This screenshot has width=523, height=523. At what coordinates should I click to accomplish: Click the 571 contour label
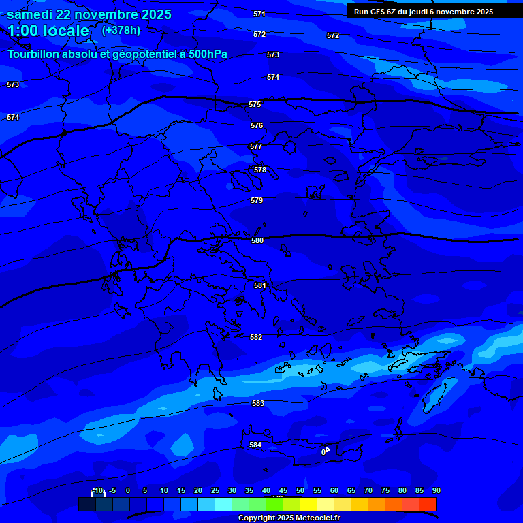point(259,14)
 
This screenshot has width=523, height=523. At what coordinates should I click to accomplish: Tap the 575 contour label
point(255,105)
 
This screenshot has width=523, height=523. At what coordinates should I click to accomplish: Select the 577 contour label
point(256,147)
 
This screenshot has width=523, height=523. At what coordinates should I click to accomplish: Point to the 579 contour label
point(257,201)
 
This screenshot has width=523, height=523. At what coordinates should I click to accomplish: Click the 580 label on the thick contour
point(257,241)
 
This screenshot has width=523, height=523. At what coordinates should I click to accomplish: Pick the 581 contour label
point(260,286)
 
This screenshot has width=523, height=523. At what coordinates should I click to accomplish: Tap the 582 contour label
point(256,338)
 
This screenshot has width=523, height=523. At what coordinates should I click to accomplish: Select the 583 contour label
point(258,404)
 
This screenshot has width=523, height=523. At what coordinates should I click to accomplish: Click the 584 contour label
point(255,445)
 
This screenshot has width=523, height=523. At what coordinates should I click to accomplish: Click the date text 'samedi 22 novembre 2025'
point(89,14)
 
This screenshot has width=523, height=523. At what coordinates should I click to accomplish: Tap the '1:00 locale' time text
point(48,31)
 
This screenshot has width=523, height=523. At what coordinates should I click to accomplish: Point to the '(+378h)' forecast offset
point(121,31)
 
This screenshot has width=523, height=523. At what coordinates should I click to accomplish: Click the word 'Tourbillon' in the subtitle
point(35,54)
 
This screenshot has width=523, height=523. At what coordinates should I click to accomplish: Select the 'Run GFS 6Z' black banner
point(423,12)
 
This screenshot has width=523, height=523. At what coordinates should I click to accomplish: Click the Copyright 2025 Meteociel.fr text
point(289,518)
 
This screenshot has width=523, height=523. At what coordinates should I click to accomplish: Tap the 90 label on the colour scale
point(436,491)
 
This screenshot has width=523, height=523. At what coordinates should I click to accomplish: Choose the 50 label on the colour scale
point(300,491)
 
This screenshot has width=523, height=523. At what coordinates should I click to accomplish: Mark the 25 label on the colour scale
point(215,491)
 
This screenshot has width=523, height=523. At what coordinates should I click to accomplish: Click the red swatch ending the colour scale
point(428,504)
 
